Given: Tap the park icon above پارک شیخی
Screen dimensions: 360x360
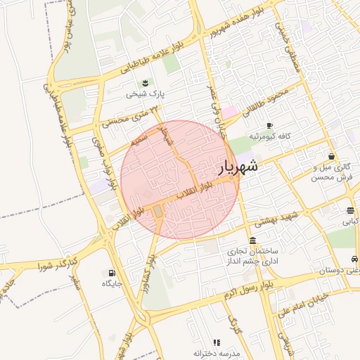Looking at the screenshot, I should [x=145, y=83].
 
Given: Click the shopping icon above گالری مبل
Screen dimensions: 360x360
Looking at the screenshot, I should [x=331, y=157].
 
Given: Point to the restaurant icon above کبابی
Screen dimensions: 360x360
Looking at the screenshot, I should [x=350, y=210].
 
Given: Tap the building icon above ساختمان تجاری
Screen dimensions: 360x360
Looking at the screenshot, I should [x=252, y=240].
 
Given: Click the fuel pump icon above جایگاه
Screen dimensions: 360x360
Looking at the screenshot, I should [x=112, y=273].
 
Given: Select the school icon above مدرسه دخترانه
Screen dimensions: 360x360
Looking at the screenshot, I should [x=216, y=342].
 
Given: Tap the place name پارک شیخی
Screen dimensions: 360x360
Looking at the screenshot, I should [x=145, y=94].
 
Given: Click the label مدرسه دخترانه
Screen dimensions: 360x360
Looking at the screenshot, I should [x=217, y=353].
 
